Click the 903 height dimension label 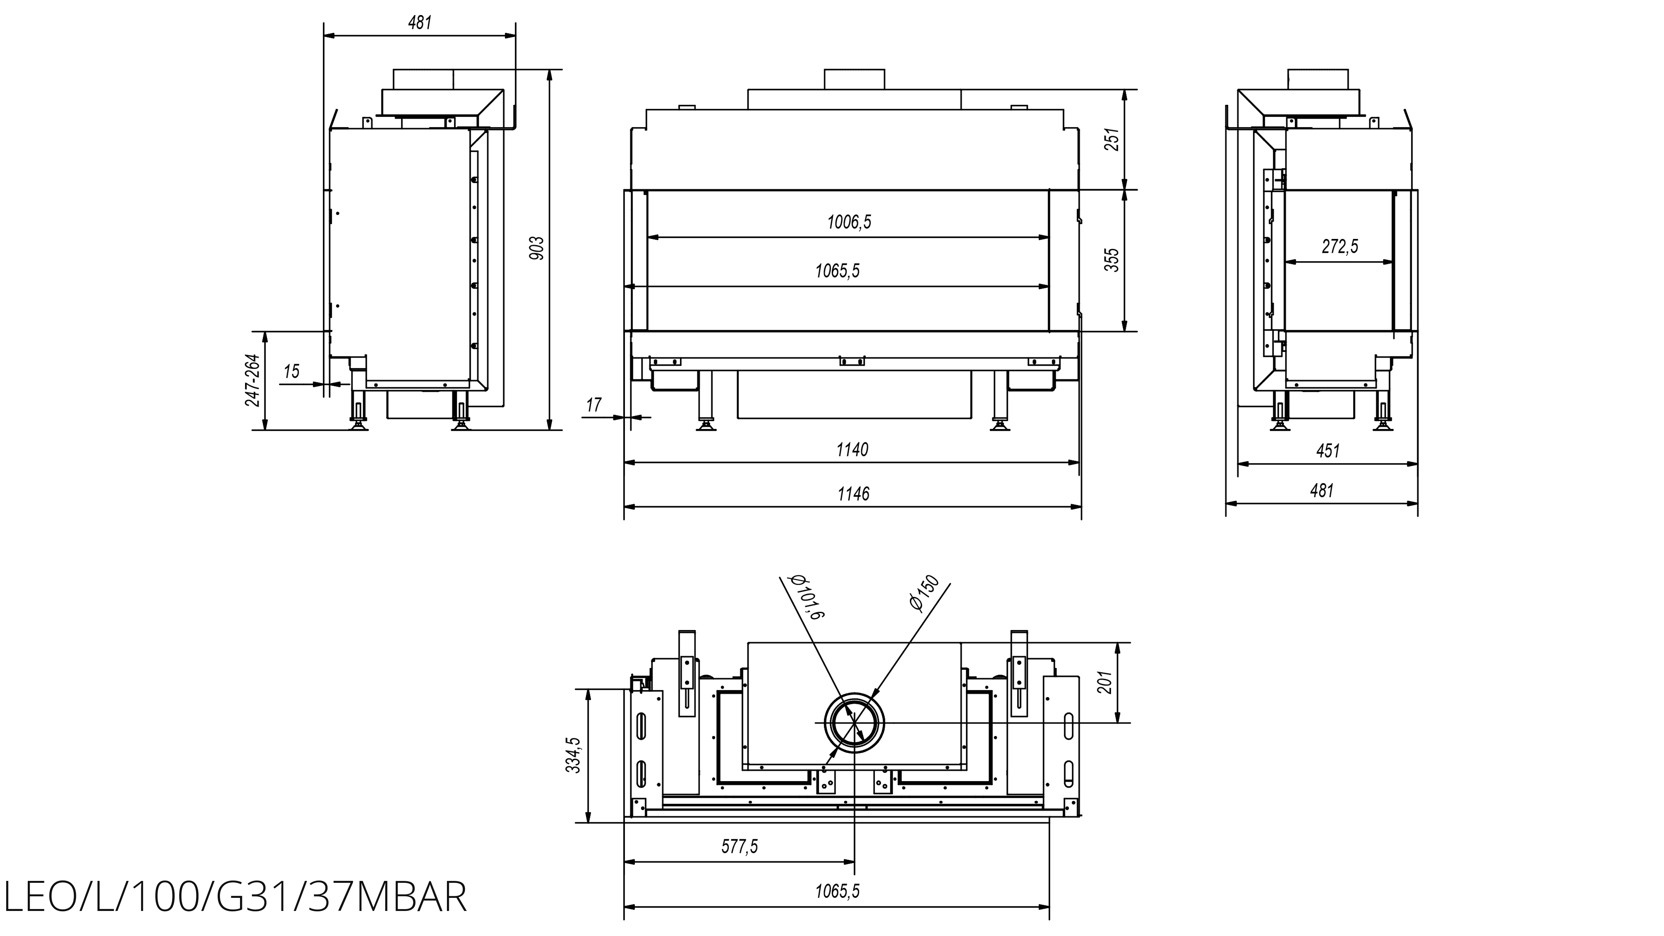pos(537,248)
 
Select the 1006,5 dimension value pos(849,222)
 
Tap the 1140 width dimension pos(852,450)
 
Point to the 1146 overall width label pos(853,494)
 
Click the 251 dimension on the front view pos(1112,139)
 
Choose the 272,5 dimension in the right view pos(1340,246)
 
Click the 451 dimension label pos(1328,451)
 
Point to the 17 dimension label pos(594,405)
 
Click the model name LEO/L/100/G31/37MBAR pos(235,897)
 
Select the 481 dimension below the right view pos(1321,491)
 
